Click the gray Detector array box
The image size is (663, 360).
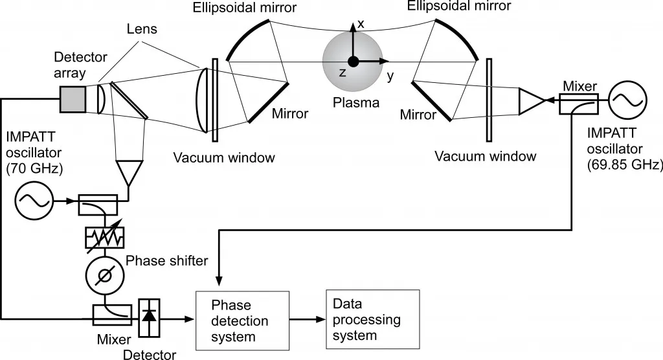[x=73, y=98]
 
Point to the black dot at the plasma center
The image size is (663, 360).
[x=353, y=62]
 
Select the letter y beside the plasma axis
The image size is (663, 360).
[x=390, y=75]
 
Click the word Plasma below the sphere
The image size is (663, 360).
[x=352, y=102]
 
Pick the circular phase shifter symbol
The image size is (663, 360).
[x=104, y=276]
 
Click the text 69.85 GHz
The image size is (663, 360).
[x=624, y=165]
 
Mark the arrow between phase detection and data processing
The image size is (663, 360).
[x=308, y=319]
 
